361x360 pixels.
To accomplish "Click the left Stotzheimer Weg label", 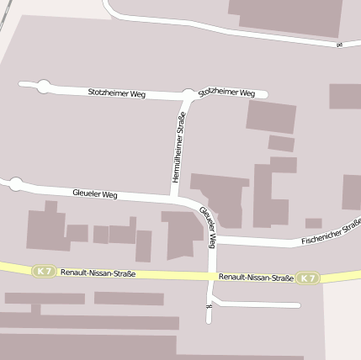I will click(x=116, y=93).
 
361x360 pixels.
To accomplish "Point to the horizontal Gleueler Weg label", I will click(x=94, y=194).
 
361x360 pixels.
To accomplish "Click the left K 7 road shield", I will click(x=44, y=271).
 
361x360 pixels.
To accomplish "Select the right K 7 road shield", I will click(x=308, y=278).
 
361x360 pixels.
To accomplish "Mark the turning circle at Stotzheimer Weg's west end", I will click(x=43, y=85).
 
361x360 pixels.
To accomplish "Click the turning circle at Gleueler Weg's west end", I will click(x=14, y=183).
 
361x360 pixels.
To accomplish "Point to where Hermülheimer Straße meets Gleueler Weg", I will click(x=175, y=198).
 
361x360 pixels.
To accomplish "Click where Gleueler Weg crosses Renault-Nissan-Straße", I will click(x=210, y=276).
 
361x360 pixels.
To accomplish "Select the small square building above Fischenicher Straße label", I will click(x=313, y=223).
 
